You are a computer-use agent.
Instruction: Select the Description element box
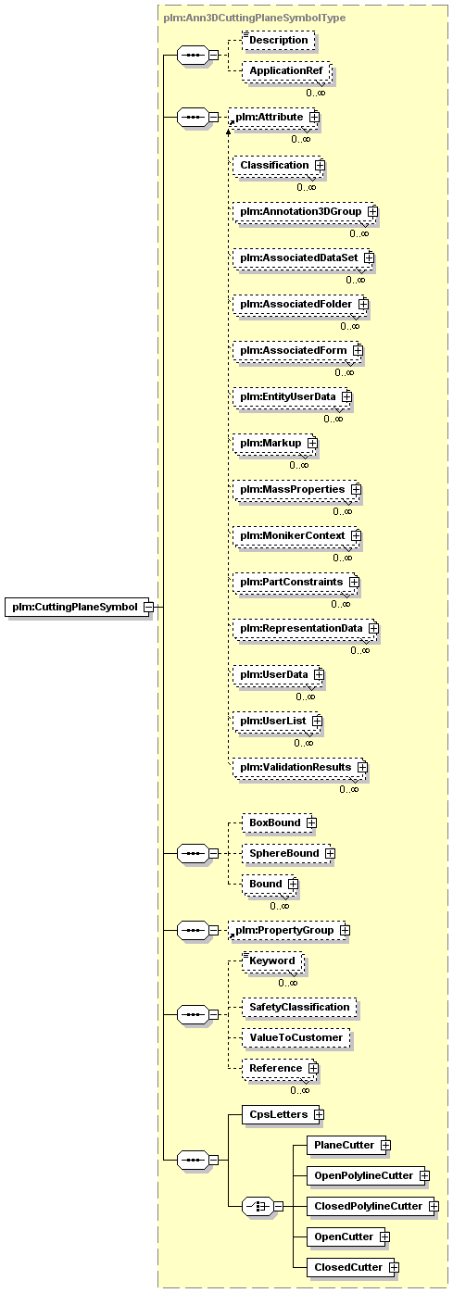[x=279, y=40]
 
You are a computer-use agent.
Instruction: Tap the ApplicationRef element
[x=286, y=71]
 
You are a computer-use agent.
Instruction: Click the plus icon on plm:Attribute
[x=314, y=117]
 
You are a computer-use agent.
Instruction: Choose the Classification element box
[x=277, y=165]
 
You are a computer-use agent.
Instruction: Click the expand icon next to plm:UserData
[x=319, y=675]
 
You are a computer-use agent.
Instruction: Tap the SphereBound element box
[x=287, y=853]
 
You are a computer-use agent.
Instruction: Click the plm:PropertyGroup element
[x=288, y=930]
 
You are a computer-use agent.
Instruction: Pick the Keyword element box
[x=273, y=960]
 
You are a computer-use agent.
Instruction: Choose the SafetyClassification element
[x=299, y=1008]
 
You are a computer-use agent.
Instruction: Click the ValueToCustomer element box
[x=296, y=1038]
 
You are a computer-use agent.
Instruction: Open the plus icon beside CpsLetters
[x=319, y=1114]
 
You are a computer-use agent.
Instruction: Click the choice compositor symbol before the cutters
[x=258, y=1207]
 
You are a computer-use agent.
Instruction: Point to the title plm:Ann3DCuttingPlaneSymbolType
[x=255, y=18]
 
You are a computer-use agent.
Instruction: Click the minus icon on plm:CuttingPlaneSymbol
[x=149, y=608]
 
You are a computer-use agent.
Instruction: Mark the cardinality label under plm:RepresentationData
[x=360, y=650]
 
